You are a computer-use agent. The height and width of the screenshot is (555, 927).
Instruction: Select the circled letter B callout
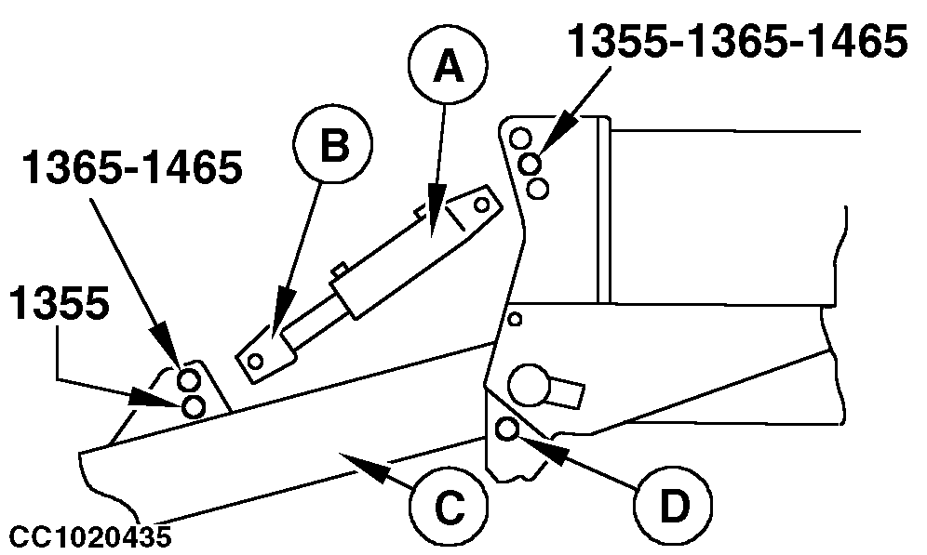click(x=332, y=145)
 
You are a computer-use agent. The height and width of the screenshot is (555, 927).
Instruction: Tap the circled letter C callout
click(x=449, y=508)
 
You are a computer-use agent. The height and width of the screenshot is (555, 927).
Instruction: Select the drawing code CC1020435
click(x=90, y=537)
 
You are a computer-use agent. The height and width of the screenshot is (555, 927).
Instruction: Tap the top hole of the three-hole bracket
click(x=521, y=139)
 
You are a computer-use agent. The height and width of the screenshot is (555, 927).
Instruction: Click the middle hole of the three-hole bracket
click(x=531, y=165)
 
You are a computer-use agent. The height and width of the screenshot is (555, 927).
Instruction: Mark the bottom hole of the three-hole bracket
click(x=537, y=189)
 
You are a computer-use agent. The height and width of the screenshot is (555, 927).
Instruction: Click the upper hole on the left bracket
click(x=187, y=380)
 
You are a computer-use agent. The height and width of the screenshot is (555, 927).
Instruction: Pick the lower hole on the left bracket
click(x=194, y=406)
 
